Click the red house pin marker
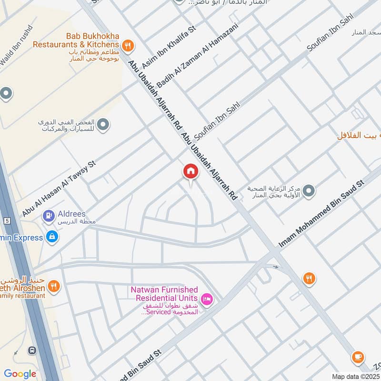[x=190, y=172]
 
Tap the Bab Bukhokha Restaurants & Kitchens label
[x=76, y=40]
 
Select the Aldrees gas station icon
[x=48, y=216]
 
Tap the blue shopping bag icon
[x=51, y=236]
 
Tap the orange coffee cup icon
[x=358, y=356]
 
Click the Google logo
[x=20, y=374]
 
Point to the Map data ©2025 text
[x=355, y=376]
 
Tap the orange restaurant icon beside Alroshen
[x=54, y=286]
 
